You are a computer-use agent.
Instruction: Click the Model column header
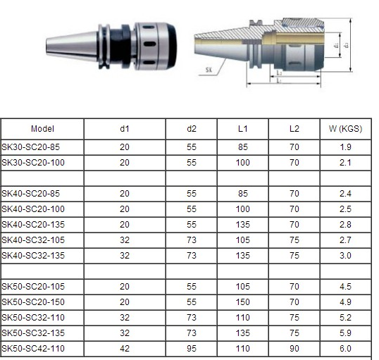[42, 129]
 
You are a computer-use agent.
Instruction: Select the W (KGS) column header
[345, 129]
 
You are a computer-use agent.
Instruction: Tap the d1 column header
[125, 129]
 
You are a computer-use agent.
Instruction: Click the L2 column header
[294, 129]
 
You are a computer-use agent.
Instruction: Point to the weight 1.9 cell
[345, 147]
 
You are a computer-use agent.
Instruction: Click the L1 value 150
[243, 302]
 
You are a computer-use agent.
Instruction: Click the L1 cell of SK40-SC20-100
[243, 210]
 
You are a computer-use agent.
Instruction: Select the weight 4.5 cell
[345, 287]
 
